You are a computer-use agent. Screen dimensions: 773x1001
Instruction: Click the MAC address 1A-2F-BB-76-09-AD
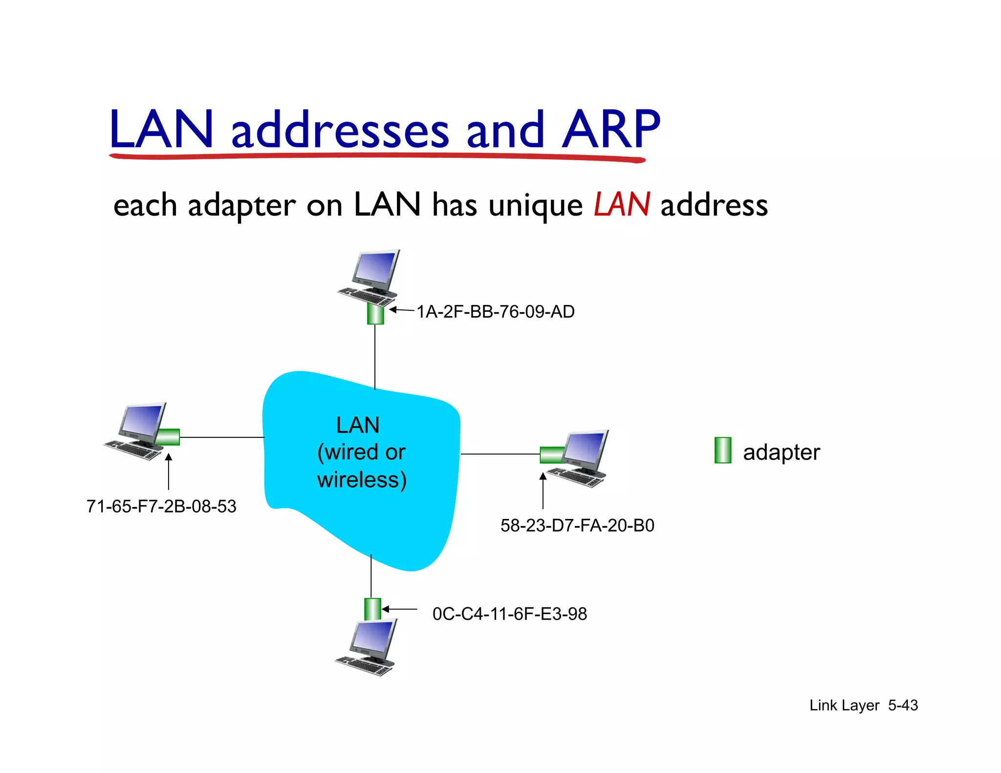pyautogui.click(x=495, y=312)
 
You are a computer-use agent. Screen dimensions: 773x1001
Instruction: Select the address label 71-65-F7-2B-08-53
pyautogui.click(x=161, y=506)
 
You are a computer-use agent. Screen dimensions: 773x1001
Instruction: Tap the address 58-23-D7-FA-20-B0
pyautogui.click(x=577, y=525)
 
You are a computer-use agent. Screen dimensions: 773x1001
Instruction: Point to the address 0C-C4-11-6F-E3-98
pyautogui.click(x=509, y=614)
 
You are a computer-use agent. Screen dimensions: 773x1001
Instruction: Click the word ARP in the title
pyautogui.click(x=611, y=129)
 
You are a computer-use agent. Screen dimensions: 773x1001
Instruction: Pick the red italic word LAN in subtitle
pyautogui.click(x=622, y=205)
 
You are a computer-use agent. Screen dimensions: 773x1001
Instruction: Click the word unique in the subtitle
pyautogui.click(x=535, y=206)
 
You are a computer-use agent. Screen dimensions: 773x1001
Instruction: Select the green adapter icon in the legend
pyautogui.click(x=722, y=450)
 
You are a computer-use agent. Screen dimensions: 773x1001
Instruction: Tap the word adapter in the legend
pyautogui.click(x=781, y=452)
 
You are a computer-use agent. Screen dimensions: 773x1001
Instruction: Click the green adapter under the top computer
pyautogui.click(x=375, y=314)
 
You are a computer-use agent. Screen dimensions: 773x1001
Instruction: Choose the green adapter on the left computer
pyautogui.click(x=168, y=436)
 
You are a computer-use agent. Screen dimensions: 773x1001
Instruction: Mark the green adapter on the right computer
pyautogui.click(x=552, y=454)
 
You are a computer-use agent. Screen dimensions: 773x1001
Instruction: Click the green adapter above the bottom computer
pyautogui.click(x=372, y=609)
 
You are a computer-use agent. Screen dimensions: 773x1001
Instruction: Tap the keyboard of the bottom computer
pyautogui.click(x=364, y=666)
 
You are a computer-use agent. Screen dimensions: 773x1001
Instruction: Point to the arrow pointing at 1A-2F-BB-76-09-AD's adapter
pyautogui.click(x=402, y=310)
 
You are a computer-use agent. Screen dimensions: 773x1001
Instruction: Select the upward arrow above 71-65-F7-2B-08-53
pyautogui.click(x=169, y=472)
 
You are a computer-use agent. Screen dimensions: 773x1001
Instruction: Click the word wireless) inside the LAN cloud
pyautogui.click(x=362, y=479)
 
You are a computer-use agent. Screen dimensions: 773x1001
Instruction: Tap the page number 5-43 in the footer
pyautogui.click(x=903, y=705)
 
